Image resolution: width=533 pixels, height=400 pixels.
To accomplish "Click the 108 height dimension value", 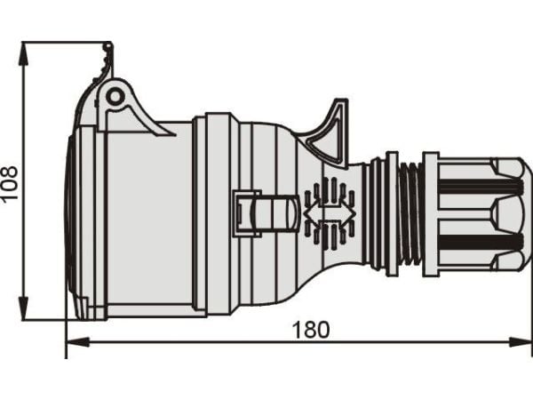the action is point(9,183).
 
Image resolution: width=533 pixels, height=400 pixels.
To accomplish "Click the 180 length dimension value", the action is point(311,329).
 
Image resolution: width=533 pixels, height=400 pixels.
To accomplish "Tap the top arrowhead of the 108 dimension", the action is point(23,53).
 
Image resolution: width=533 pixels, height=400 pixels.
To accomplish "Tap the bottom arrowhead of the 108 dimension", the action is point(23,308).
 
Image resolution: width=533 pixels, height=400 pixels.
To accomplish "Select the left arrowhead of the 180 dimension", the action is point(77,342).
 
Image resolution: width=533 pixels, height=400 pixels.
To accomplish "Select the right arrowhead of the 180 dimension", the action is point(520,342).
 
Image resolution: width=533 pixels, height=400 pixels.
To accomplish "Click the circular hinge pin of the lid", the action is point(115,97).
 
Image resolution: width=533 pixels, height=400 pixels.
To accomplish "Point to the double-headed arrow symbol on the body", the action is point(330,213).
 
